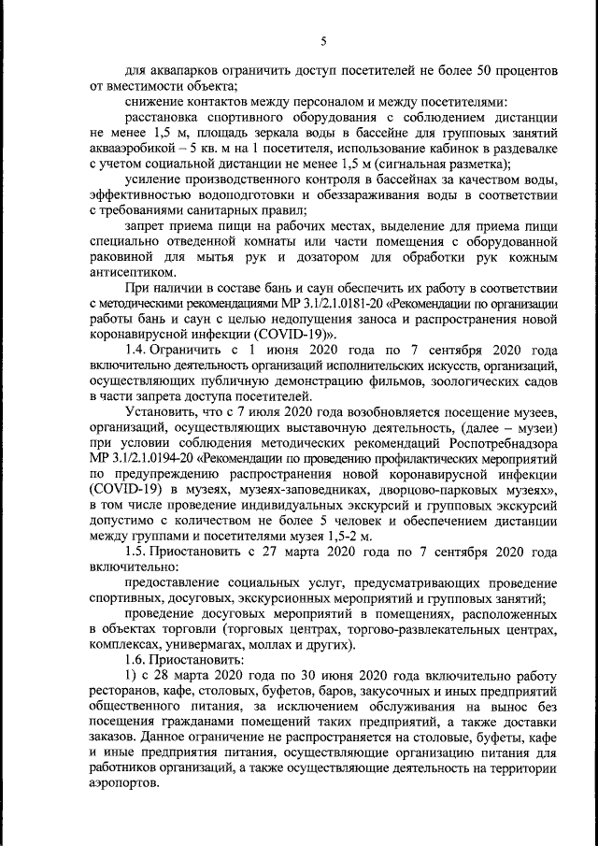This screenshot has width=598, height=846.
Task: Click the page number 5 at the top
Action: tap(322, 40)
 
